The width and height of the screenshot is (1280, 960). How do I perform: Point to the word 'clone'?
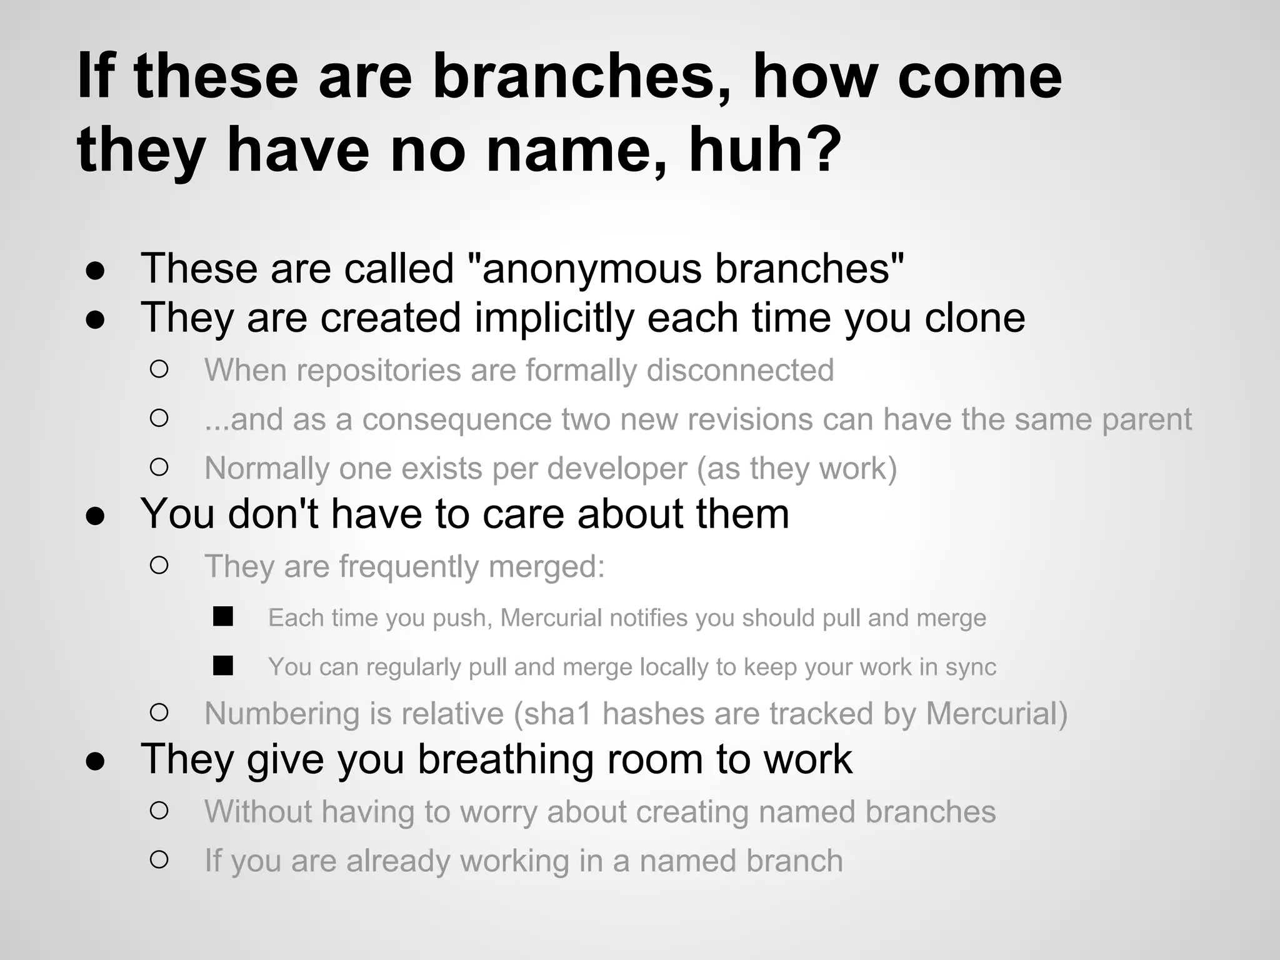(x=974, y=318)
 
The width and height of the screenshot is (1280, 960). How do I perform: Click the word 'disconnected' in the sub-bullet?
(x=740, y=370)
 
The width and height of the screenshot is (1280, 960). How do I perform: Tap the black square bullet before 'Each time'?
(x=222, y=617)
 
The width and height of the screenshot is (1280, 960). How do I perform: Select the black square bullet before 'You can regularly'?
(x=222, y=666)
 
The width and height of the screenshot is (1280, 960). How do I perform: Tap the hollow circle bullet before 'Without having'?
(x=159, y=811)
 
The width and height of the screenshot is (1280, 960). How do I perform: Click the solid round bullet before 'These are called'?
(x=95, y=271)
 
